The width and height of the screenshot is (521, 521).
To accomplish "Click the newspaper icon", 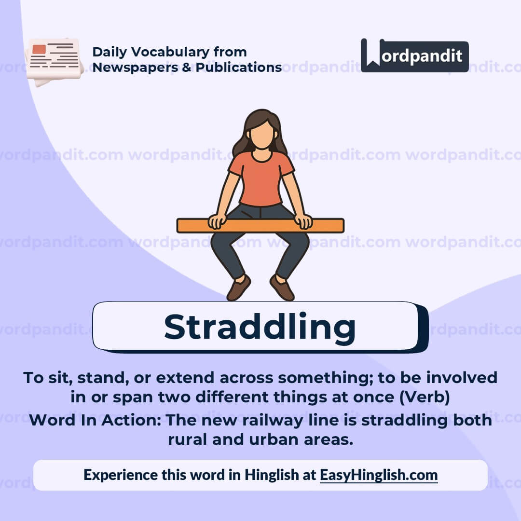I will coord(54,60).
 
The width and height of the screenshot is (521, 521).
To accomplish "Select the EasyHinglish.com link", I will coord(379,475).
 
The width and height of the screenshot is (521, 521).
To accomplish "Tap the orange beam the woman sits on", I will coord(260,225).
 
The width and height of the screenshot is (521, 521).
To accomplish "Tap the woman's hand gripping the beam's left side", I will coord(217,221).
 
